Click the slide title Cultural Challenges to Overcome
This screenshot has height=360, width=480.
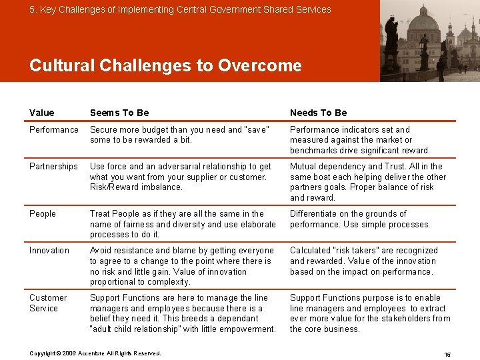165,65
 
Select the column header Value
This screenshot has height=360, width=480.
42,113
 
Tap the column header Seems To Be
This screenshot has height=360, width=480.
119,113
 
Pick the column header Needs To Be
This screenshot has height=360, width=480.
318,113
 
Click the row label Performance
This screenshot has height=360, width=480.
54,129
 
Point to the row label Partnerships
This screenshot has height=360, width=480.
53,166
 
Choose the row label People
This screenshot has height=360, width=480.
43,213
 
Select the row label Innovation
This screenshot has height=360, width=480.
49,250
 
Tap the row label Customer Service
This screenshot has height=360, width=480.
48,303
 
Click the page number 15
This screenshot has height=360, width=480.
447,354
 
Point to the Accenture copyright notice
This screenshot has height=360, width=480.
95,353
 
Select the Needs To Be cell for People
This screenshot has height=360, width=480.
360,219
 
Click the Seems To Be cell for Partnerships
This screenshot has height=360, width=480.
180,177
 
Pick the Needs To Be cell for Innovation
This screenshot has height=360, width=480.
363,261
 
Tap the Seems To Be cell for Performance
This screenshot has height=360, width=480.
179,135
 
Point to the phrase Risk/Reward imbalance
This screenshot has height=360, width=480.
136,187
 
